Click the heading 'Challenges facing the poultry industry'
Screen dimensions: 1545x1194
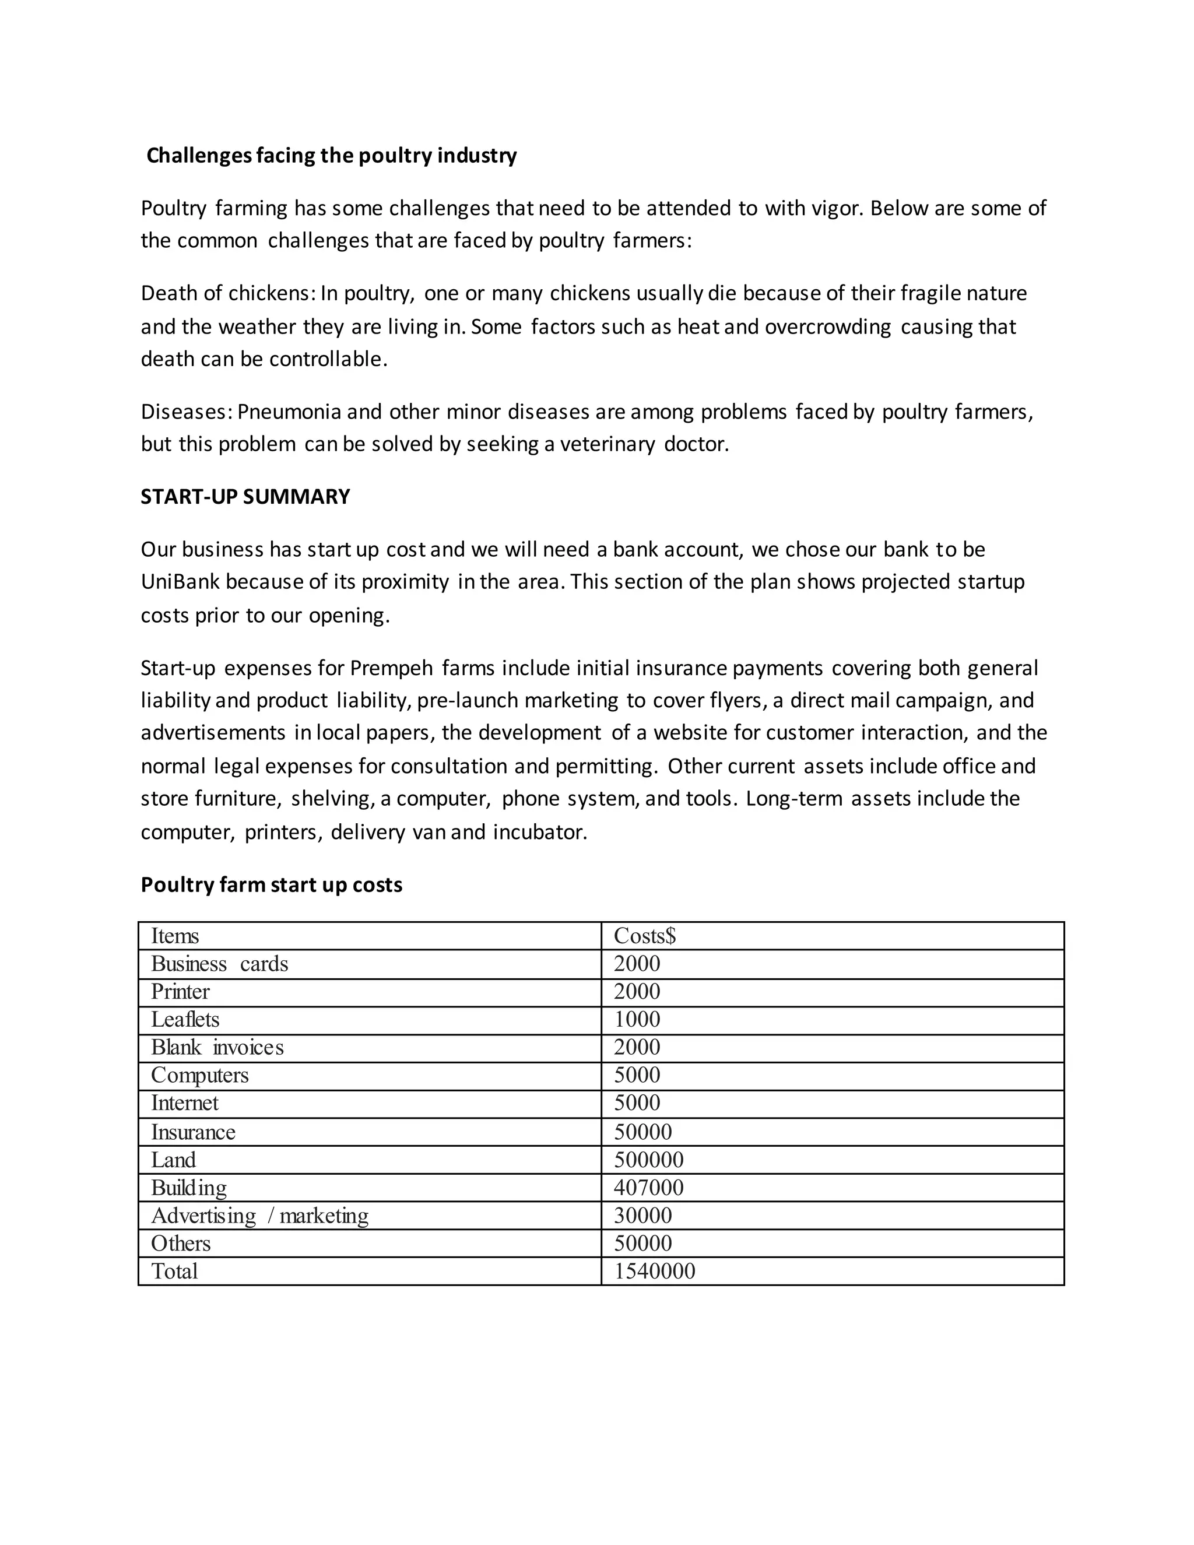pos(331,156)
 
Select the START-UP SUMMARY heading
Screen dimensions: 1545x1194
pos(245,497)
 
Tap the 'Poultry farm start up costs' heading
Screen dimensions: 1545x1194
pos(271,885)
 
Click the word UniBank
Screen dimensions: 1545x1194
pos(180,581)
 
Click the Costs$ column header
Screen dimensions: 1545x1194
pos(644,936)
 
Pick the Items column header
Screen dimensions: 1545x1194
pos(175,936)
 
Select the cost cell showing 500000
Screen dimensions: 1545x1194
pos(648,1160)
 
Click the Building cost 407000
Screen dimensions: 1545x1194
pos(648,1188)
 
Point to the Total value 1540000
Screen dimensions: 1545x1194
pos(654,1271)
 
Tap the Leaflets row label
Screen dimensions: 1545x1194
pos(185,1019)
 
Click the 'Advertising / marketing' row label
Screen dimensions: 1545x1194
pos(259,1216)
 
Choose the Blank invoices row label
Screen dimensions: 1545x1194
pos(217,1047)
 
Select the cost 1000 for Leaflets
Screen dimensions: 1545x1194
pos(637,1019)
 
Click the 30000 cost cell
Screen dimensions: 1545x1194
pos(642,1216)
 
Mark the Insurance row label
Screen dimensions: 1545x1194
pos(192,1132)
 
